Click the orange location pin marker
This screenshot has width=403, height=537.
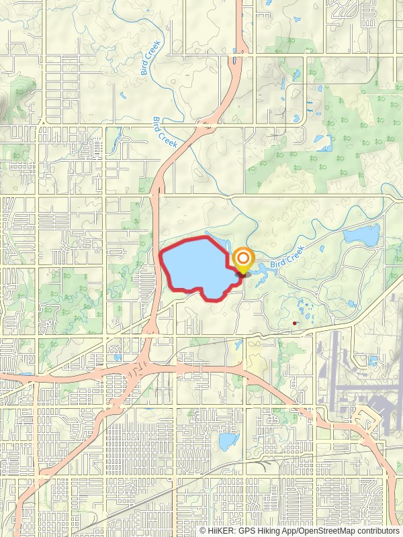tap(242, 260)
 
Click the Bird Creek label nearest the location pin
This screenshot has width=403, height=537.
tap(288, 257)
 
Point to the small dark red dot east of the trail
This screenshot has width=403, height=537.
tap(295, 324)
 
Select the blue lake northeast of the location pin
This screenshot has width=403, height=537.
tap(361, 234)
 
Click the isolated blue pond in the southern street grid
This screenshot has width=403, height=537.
tap(228, 441)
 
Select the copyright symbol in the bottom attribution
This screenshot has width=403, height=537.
tap(204, 530)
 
